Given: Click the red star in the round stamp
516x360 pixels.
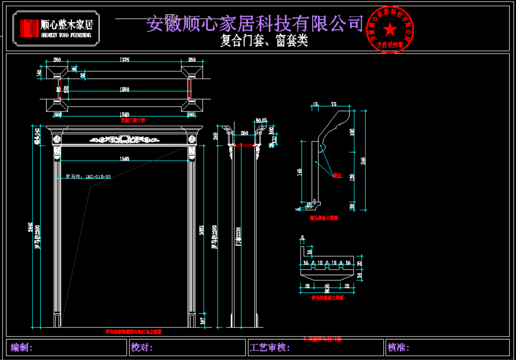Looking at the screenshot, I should (x=390, y=30).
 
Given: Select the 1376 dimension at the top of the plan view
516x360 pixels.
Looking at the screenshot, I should (x=124, y=60).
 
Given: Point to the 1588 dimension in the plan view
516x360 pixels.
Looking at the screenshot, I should (x=124, y=90).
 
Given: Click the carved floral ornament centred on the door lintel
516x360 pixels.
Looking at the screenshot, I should (x=124, y=139).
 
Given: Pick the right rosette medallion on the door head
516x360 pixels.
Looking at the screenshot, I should (x=192, y=139).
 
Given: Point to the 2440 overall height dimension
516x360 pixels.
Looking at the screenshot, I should (x=30, y=227).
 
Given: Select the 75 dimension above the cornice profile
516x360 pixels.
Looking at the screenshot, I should (x=334, y=104).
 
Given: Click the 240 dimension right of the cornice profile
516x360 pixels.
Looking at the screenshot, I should (x=364, y=160).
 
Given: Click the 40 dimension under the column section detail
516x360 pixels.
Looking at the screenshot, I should (x=327, y=286).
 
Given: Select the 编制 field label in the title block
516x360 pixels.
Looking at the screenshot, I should (x=21, y=347).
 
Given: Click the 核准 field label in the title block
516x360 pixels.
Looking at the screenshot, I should (x=398, y=347).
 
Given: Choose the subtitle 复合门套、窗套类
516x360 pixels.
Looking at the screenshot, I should (x=264, y=41).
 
